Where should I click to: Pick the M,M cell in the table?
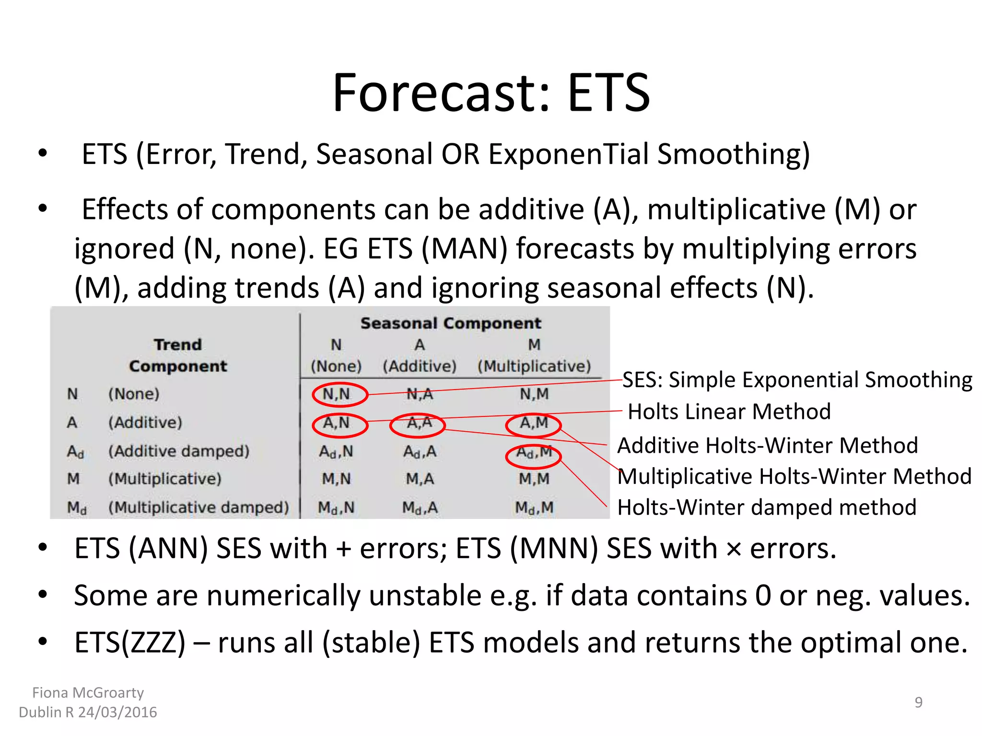tap(534, 479)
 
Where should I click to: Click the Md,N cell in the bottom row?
tap(336, 507)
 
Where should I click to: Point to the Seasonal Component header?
tap(451, 323)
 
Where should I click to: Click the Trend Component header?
tap(178, 355)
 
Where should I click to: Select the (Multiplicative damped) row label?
tap(199, 507)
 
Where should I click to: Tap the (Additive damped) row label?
tap(178, 451)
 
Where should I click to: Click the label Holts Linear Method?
tap(729, 412)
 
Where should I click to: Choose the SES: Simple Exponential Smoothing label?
tap(797, 380)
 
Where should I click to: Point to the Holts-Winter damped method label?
tap(766, 507)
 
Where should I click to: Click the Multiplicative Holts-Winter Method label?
tap(794, 477)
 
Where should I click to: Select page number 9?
tap(918, 702)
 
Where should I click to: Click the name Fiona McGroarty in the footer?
tap(88, 693)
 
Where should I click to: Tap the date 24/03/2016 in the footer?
tap(117, 713)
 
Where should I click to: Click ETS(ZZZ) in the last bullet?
tap(129, 643)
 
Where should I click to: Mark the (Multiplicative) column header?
tap(534, 367)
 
